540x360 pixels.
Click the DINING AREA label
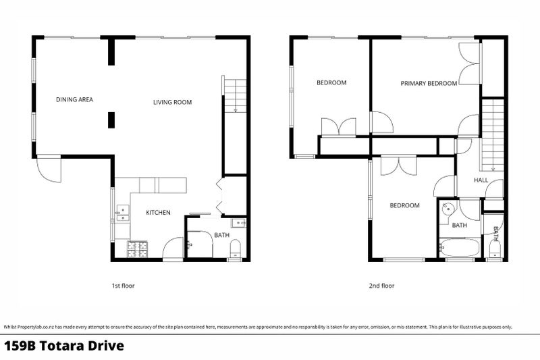pos(74,99)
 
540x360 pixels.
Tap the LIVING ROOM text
pos(172,102)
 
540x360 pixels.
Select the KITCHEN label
pos(158,213)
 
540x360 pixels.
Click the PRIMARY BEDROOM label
pos(429,83)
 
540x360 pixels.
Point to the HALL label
pos(481,180)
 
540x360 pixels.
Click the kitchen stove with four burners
pos(138,249)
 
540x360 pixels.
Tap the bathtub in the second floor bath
pos(460,247)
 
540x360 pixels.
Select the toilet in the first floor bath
pos(235,249)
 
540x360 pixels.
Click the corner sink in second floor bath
pos(448,208)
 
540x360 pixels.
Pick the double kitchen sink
pos(123,213)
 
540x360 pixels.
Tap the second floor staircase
pos(493,135)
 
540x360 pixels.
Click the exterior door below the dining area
pos(49,169)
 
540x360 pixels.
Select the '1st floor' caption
pos(123,286)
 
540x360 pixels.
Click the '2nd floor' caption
pos(381,286)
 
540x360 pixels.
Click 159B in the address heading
pos(20,346)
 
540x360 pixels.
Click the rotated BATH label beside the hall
pos(495,234)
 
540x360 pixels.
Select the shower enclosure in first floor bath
pos(200,245)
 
